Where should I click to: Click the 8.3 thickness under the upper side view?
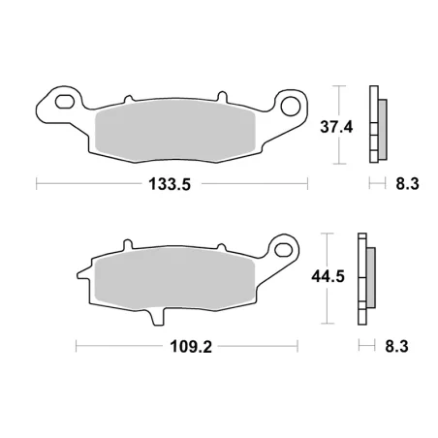click(405, 183)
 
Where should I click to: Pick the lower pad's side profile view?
click(365, 278)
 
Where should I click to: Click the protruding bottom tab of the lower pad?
click(156, 316)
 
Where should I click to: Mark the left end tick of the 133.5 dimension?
click(37, 183)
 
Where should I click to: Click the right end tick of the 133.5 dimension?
click(307, 183)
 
